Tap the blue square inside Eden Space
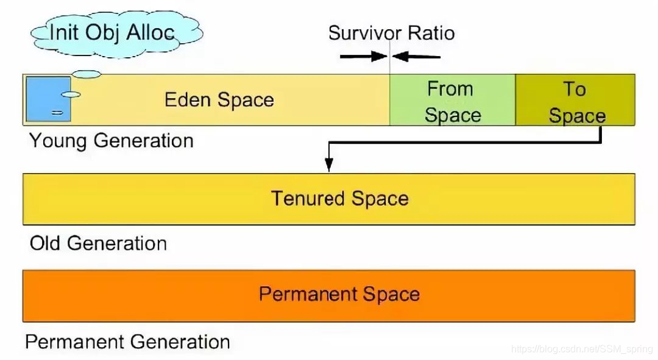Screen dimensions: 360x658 click(x=48, y=99)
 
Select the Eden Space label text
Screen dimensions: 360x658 click(x=219, y=100)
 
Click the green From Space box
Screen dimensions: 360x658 click(x=452, y=101)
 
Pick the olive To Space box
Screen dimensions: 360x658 click(x=575, y=101)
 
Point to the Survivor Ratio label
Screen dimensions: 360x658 click(x=391, y=33)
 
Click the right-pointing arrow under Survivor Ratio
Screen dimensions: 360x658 click(x=363, y=57)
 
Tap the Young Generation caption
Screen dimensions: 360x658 click(x=111, y=141)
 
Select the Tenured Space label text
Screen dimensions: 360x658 click(x=339, y=199)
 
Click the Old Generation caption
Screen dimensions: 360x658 click(x=98, y=244)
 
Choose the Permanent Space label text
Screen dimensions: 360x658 click(x=339, y=294)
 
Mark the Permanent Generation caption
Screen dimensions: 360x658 click(x=127, y=342)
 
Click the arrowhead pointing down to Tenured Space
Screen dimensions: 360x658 click(x=329, y=165)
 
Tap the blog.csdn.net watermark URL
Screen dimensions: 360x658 click(x=581, y=349)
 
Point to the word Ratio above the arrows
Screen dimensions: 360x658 click(x=432, y=33)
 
